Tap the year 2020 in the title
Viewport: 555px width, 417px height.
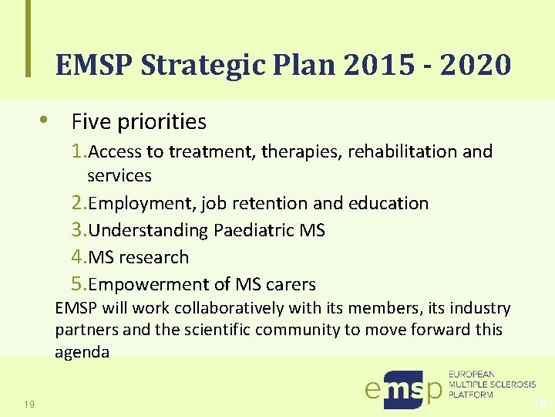coord(476,66)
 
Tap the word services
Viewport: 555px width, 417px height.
coord(119,175)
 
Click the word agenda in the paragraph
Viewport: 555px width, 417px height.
coord(82,353)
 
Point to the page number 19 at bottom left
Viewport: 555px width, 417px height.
coord(29,402)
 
